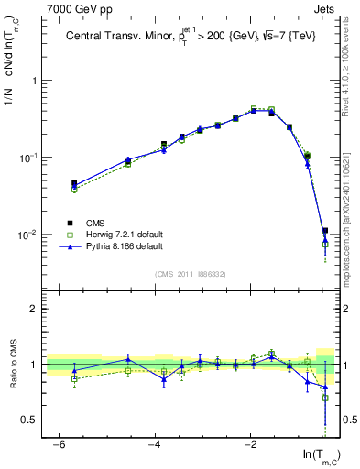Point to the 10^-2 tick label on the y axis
pos(28,234)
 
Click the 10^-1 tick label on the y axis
pos(28,158)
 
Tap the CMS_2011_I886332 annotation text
pos(191,274)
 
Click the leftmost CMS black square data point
pos(74,184)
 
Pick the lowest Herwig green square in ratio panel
pos(325,398)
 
